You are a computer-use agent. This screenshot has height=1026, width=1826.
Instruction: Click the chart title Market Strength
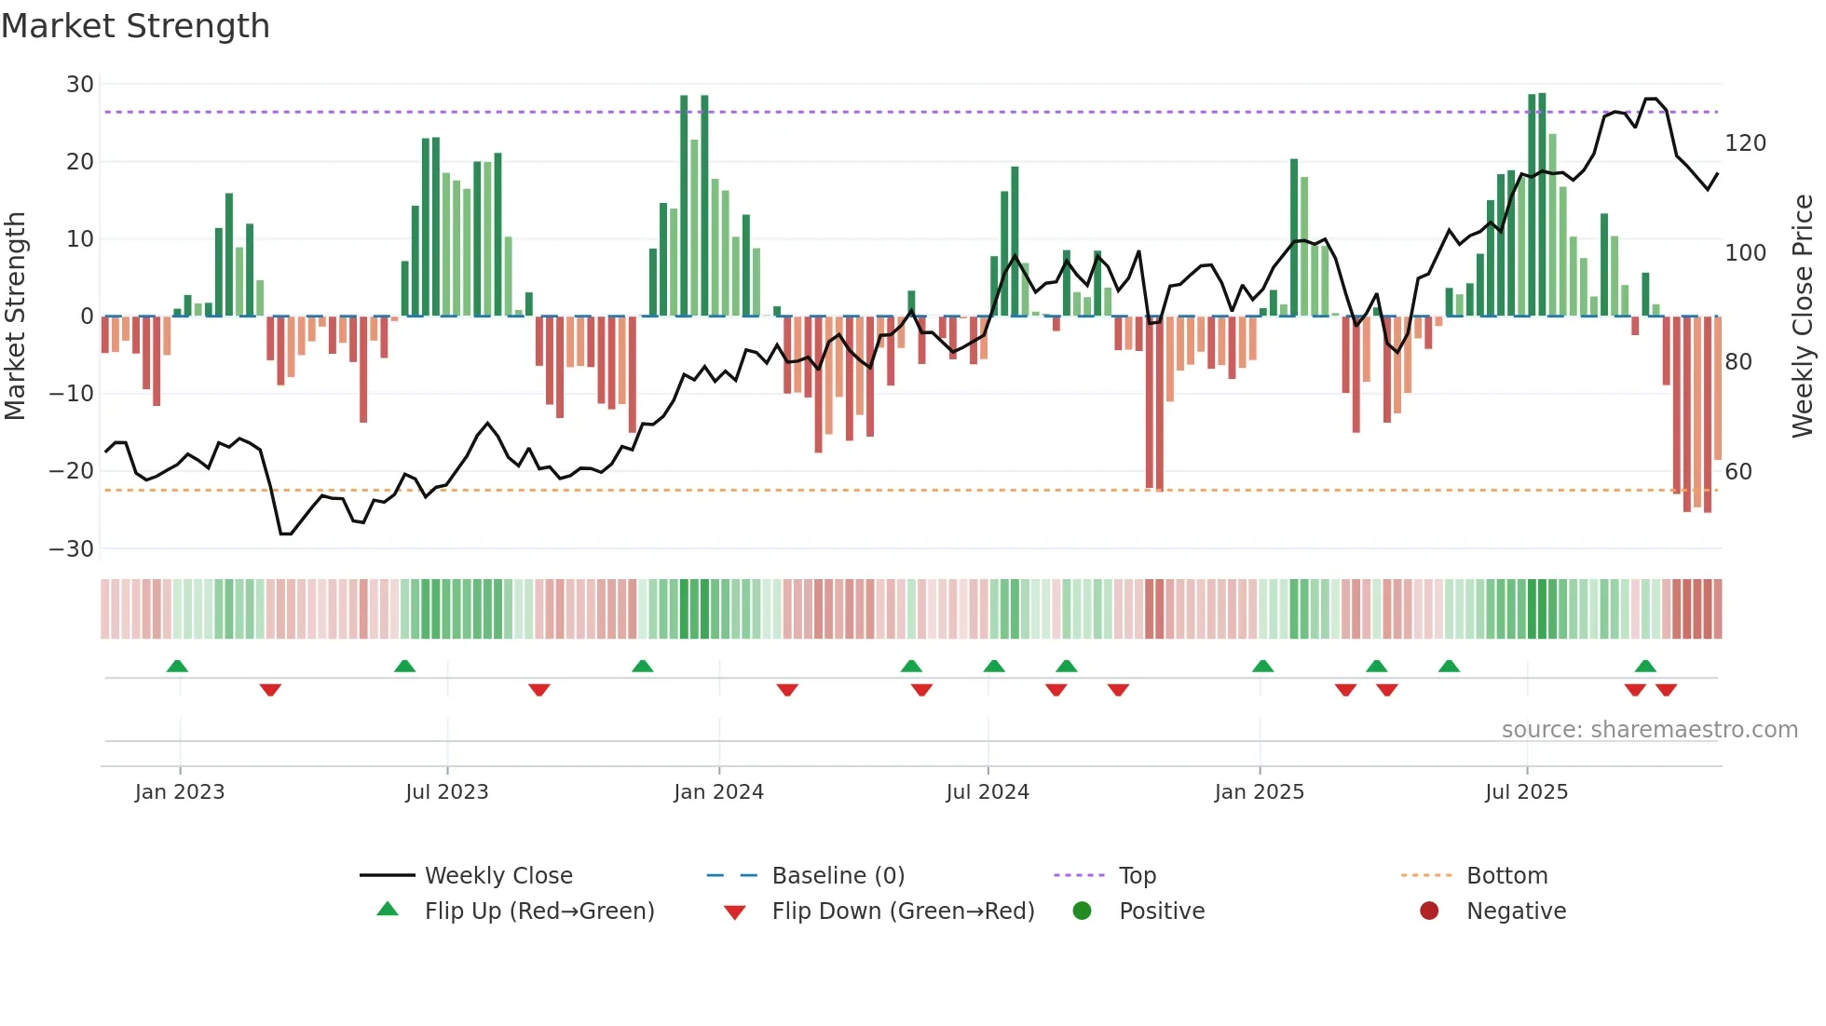[x=136, y=26]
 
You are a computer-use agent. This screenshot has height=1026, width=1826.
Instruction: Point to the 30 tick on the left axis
[x=80, y=85]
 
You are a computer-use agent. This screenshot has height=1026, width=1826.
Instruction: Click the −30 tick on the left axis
[x=72, y=548]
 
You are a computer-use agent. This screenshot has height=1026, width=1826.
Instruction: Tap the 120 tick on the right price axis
[x=1745, y=143]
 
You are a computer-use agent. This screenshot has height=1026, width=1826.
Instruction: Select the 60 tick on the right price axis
[x=1737, y=472]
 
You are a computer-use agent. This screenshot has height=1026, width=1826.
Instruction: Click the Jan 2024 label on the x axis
[x=718, y=792]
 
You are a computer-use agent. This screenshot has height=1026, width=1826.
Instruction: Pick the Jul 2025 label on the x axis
[x=1526, y=792]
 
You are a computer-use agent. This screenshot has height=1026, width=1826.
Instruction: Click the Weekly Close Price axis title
[x=1802, y=317]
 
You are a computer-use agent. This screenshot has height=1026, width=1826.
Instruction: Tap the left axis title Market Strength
[x=16, y=317]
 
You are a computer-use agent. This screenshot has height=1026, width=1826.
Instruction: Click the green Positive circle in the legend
[x=1082, y=911]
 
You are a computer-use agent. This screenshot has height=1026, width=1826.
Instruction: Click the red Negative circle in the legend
[x=1429, y=911]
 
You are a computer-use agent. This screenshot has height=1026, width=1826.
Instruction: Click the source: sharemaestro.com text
[x=1649, y=730]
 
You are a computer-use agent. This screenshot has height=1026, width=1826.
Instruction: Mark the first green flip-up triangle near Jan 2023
[x=177, y=666]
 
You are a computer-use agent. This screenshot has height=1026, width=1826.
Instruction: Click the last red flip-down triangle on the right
[x=1666, y=690]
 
